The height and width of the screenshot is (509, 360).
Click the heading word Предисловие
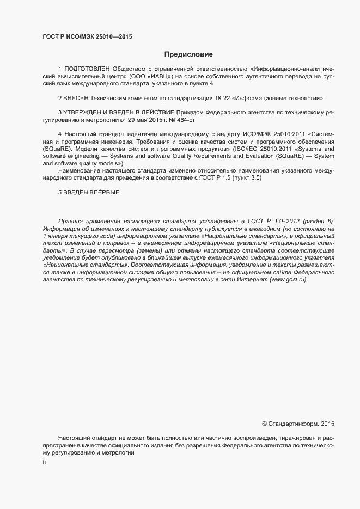click(x=188, y=54)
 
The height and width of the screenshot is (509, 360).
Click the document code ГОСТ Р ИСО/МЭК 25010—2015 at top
click(x=87, y=37)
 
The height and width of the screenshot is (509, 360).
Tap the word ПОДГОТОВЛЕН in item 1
click(x=87, y=70)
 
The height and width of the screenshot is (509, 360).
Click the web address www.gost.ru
click(x=288, y=279)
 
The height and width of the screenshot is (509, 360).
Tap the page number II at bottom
click(x=44, y=463)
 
